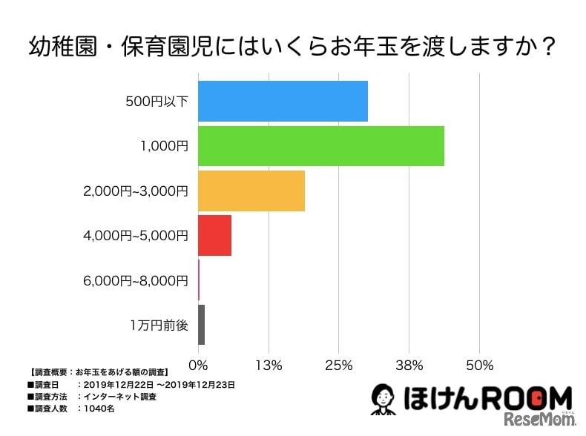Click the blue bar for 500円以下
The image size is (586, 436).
(283, 102)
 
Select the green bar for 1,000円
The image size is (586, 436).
(320, 146)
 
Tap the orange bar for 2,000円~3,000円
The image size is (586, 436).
(251, 191)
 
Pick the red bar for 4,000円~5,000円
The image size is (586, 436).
(214, 235)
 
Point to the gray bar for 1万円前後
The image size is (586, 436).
(201, 325)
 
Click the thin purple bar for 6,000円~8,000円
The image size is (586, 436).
(199, 280)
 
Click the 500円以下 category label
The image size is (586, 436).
(157, 102)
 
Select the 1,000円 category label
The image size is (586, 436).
(164, 146)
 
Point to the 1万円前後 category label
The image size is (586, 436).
(159, 325)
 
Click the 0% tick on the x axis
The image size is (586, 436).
(198, 365)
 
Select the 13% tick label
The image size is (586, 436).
(268, 365)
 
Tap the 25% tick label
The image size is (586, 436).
(338, 365)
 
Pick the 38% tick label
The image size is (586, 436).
(409, 365)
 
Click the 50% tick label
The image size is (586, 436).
(480, 365)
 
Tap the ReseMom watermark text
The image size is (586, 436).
(539, 421)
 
